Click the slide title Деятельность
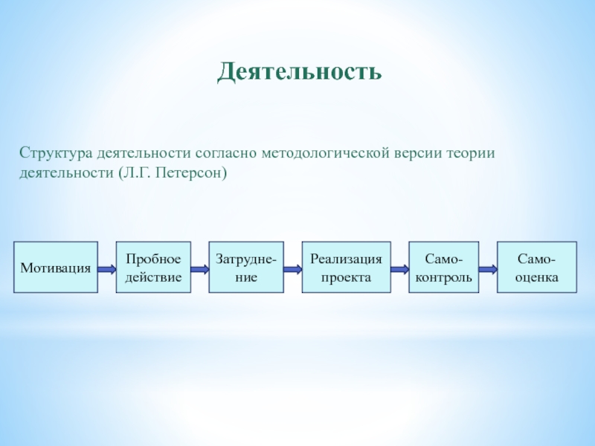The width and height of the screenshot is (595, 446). click(300, 71)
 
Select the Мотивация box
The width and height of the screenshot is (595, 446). click(56, 268)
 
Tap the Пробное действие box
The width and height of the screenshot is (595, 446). click(153, 268)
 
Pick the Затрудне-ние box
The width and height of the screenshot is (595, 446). click(246, 268)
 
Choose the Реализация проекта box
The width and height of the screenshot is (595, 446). click(346, 268)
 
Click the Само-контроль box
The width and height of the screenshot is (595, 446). click(443, 268)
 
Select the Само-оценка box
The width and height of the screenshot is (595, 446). click(537, 268)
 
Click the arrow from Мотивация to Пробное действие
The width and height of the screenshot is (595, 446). click(107, 269)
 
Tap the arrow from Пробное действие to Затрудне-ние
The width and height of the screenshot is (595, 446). click(200, 269)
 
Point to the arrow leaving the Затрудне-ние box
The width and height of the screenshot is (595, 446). click(293, 269)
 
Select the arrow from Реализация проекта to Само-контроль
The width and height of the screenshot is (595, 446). click(400, 269)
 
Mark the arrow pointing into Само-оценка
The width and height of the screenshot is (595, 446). click(488, 269)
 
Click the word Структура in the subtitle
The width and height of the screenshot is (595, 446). click(57, 154)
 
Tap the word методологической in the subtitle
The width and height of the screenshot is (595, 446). click(326, 153)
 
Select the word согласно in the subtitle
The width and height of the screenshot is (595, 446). click(226, 154)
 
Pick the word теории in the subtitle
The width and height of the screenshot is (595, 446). click(471, 154)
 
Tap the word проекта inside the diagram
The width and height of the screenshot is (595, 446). click(346, 278)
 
